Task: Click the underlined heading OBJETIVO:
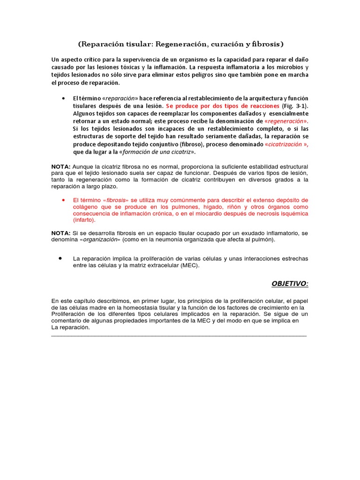click(x=290, y=284)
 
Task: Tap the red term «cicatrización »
click(x=286, y=144)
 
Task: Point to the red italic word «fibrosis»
click(x=115, y=200)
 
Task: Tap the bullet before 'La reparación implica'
click(x=61, y=258)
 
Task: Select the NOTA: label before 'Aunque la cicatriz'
click(x=61, y=167)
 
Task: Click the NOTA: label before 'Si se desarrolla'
click(x=61, y=233)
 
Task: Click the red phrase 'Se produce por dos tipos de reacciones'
click(x=220, y=106)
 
